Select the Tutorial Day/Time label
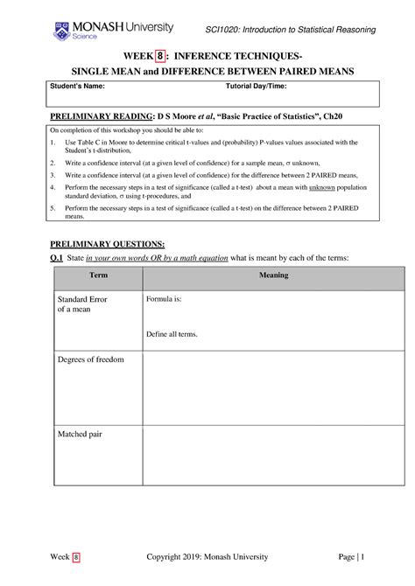(256, 87)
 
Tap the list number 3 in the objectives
(53, 175)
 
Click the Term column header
(98, 276)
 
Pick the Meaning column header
(273, 276)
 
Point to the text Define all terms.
(172, 334)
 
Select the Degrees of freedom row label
(90, 359)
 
